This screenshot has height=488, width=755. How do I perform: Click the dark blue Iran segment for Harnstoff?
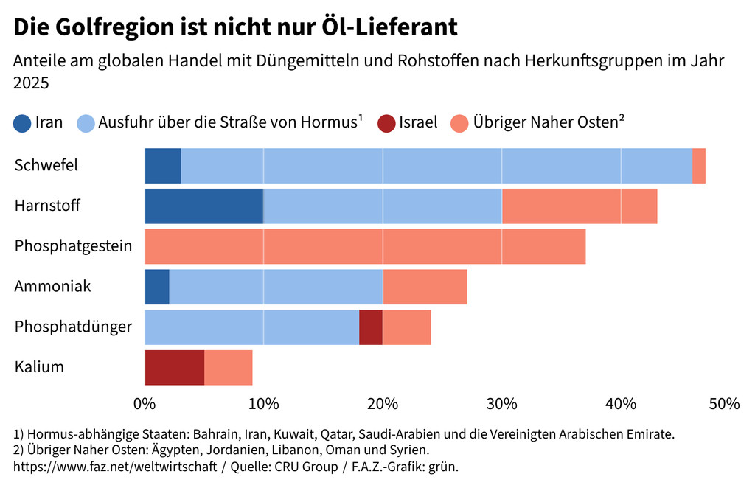click(203, 206)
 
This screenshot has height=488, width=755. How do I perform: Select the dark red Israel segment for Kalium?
click(174, 367)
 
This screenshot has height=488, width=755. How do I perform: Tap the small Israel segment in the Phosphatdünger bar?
click(371, 327)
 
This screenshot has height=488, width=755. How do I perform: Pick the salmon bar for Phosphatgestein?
click(365, 246)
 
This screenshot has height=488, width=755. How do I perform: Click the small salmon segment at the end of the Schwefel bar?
click(699, 165)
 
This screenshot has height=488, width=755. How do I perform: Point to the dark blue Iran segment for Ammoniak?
click(157, 286)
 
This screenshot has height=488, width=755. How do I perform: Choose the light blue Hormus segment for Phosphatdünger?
click(251, 327)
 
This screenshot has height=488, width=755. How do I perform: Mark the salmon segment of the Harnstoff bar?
click(579, 206)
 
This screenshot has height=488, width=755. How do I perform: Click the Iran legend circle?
click(22, 122)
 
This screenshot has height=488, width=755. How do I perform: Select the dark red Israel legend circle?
click(386, 122)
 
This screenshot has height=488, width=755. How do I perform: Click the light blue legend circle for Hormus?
click(86, 122)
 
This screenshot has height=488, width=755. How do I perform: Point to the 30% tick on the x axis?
click(501, 403)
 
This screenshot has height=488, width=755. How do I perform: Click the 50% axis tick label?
click(724, 403)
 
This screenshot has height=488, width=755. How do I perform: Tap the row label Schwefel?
click(46, 165)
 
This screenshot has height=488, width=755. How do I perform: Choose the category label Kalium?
click(39, 367)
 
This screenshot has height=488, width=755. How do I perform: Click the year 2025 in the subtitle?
click(31, 83)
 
